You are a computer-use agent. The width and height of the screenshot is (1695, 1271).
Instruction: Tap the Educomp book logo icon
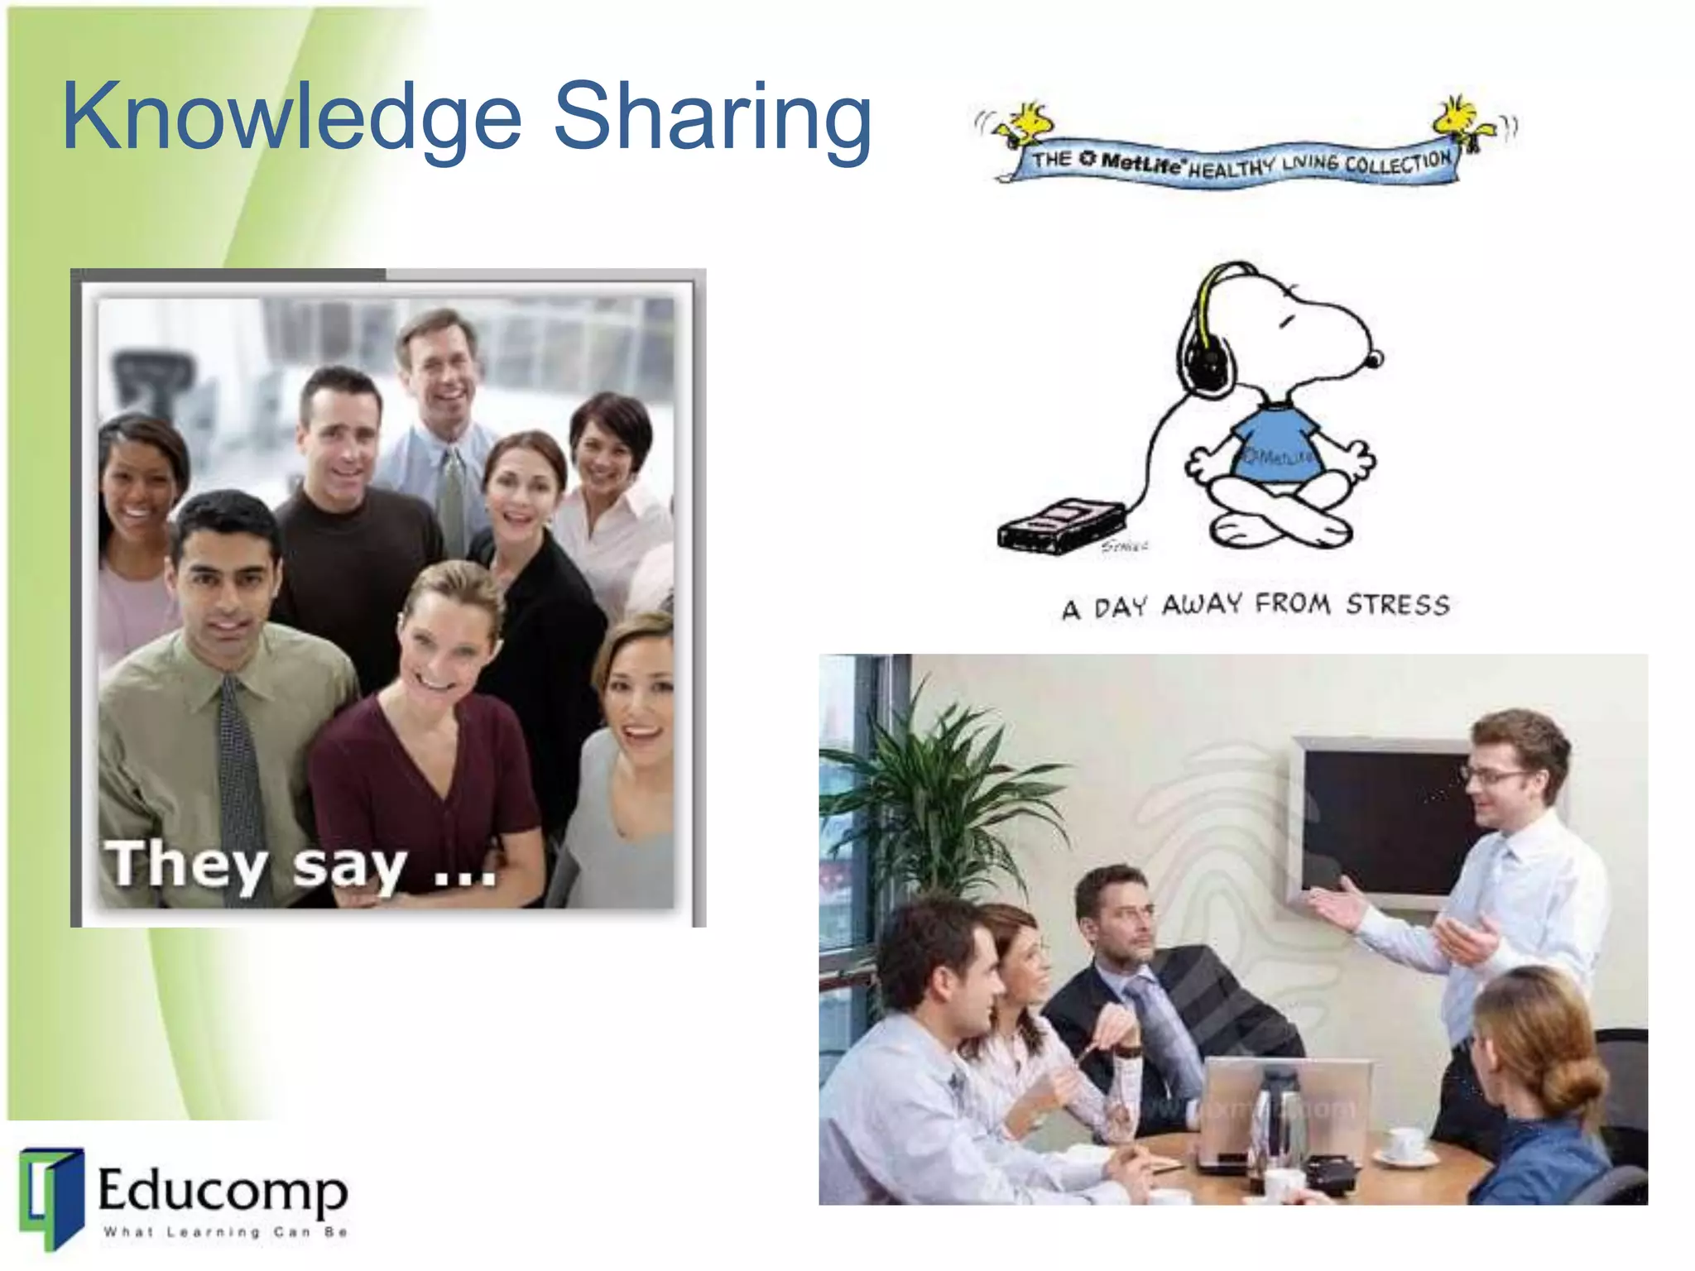click(x=52, y=1197)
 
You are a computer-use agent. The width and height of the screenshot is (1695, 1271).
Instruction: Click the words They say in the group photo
click(x=257, y=866)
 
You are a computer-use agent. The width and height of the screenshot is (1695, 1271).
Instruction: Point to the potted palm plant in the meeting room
click(x=944, y=794)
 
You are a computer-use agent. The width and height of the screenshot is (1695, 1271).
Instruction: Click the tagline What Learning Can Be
click(x=224, y=1232)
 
